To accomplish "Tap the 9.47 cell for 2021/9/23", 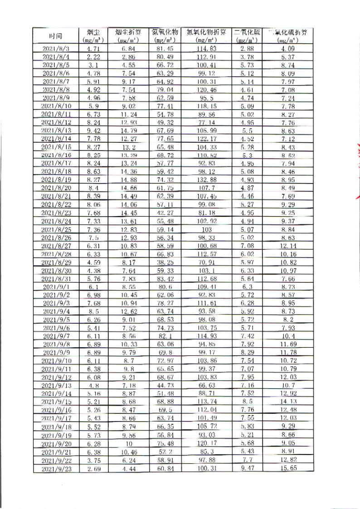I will pos(245,467).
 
